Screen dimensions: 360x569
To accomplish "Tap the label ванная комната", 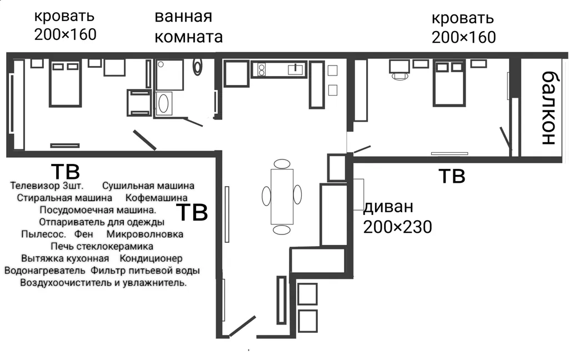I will (188, 26).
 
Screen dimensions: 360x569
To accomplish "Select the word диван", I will (388, 208).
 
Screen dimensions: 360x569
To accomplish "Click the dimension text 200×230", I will (397, 227).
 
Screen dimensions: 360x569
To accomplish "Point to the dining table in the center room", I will (282, 196).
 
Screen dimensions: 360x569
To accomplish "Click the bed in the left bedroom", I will (65, 83).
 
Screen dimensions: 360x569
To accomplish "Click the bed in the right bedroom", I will (449, 83).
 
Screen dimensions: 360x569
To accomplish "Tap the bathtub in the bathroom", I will (163, 104).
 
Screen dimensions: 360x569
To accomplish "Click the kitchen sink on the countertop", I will (296, 69).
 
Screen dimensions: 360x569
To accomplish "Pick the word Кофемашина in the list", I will (156, 197).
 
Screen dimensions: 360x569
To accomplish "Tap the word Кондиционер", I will (151, 258).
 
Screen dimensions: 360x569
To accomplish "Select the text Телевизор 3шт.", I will (47, 185).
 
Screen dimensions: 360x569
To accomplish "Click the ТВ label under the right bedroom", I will (452, 176).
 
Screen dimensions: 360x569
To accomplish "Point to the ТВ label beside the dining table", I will (192, 212).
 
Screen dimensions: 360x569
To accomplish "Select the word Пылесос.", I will (43, 234).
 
